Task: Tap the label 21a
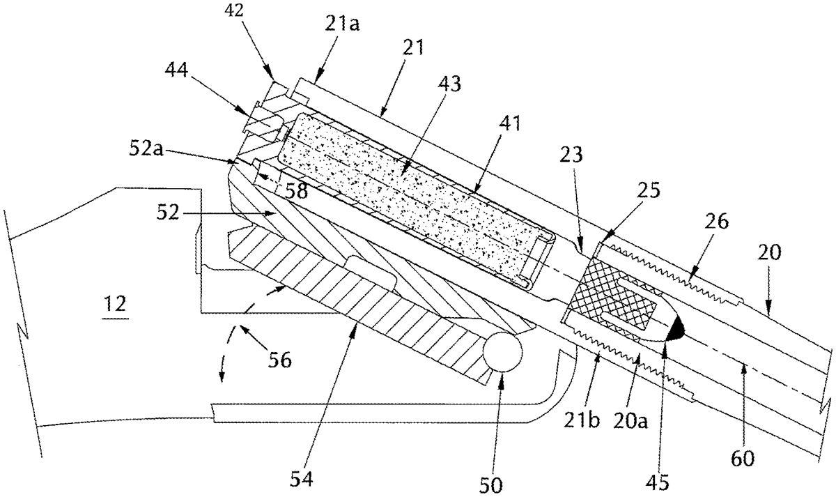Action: (x=342, y=24)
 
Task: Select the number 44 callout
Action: (x=176, y=70)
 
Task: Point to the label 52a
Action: (x=146, y=149)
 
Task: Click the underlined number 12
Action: (x=115, y=305)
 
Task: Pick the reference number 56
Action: (x=280, y=360)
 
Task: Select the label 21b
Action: (x=581, y=420)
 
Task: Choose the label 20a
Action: (x=630, y=421)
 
